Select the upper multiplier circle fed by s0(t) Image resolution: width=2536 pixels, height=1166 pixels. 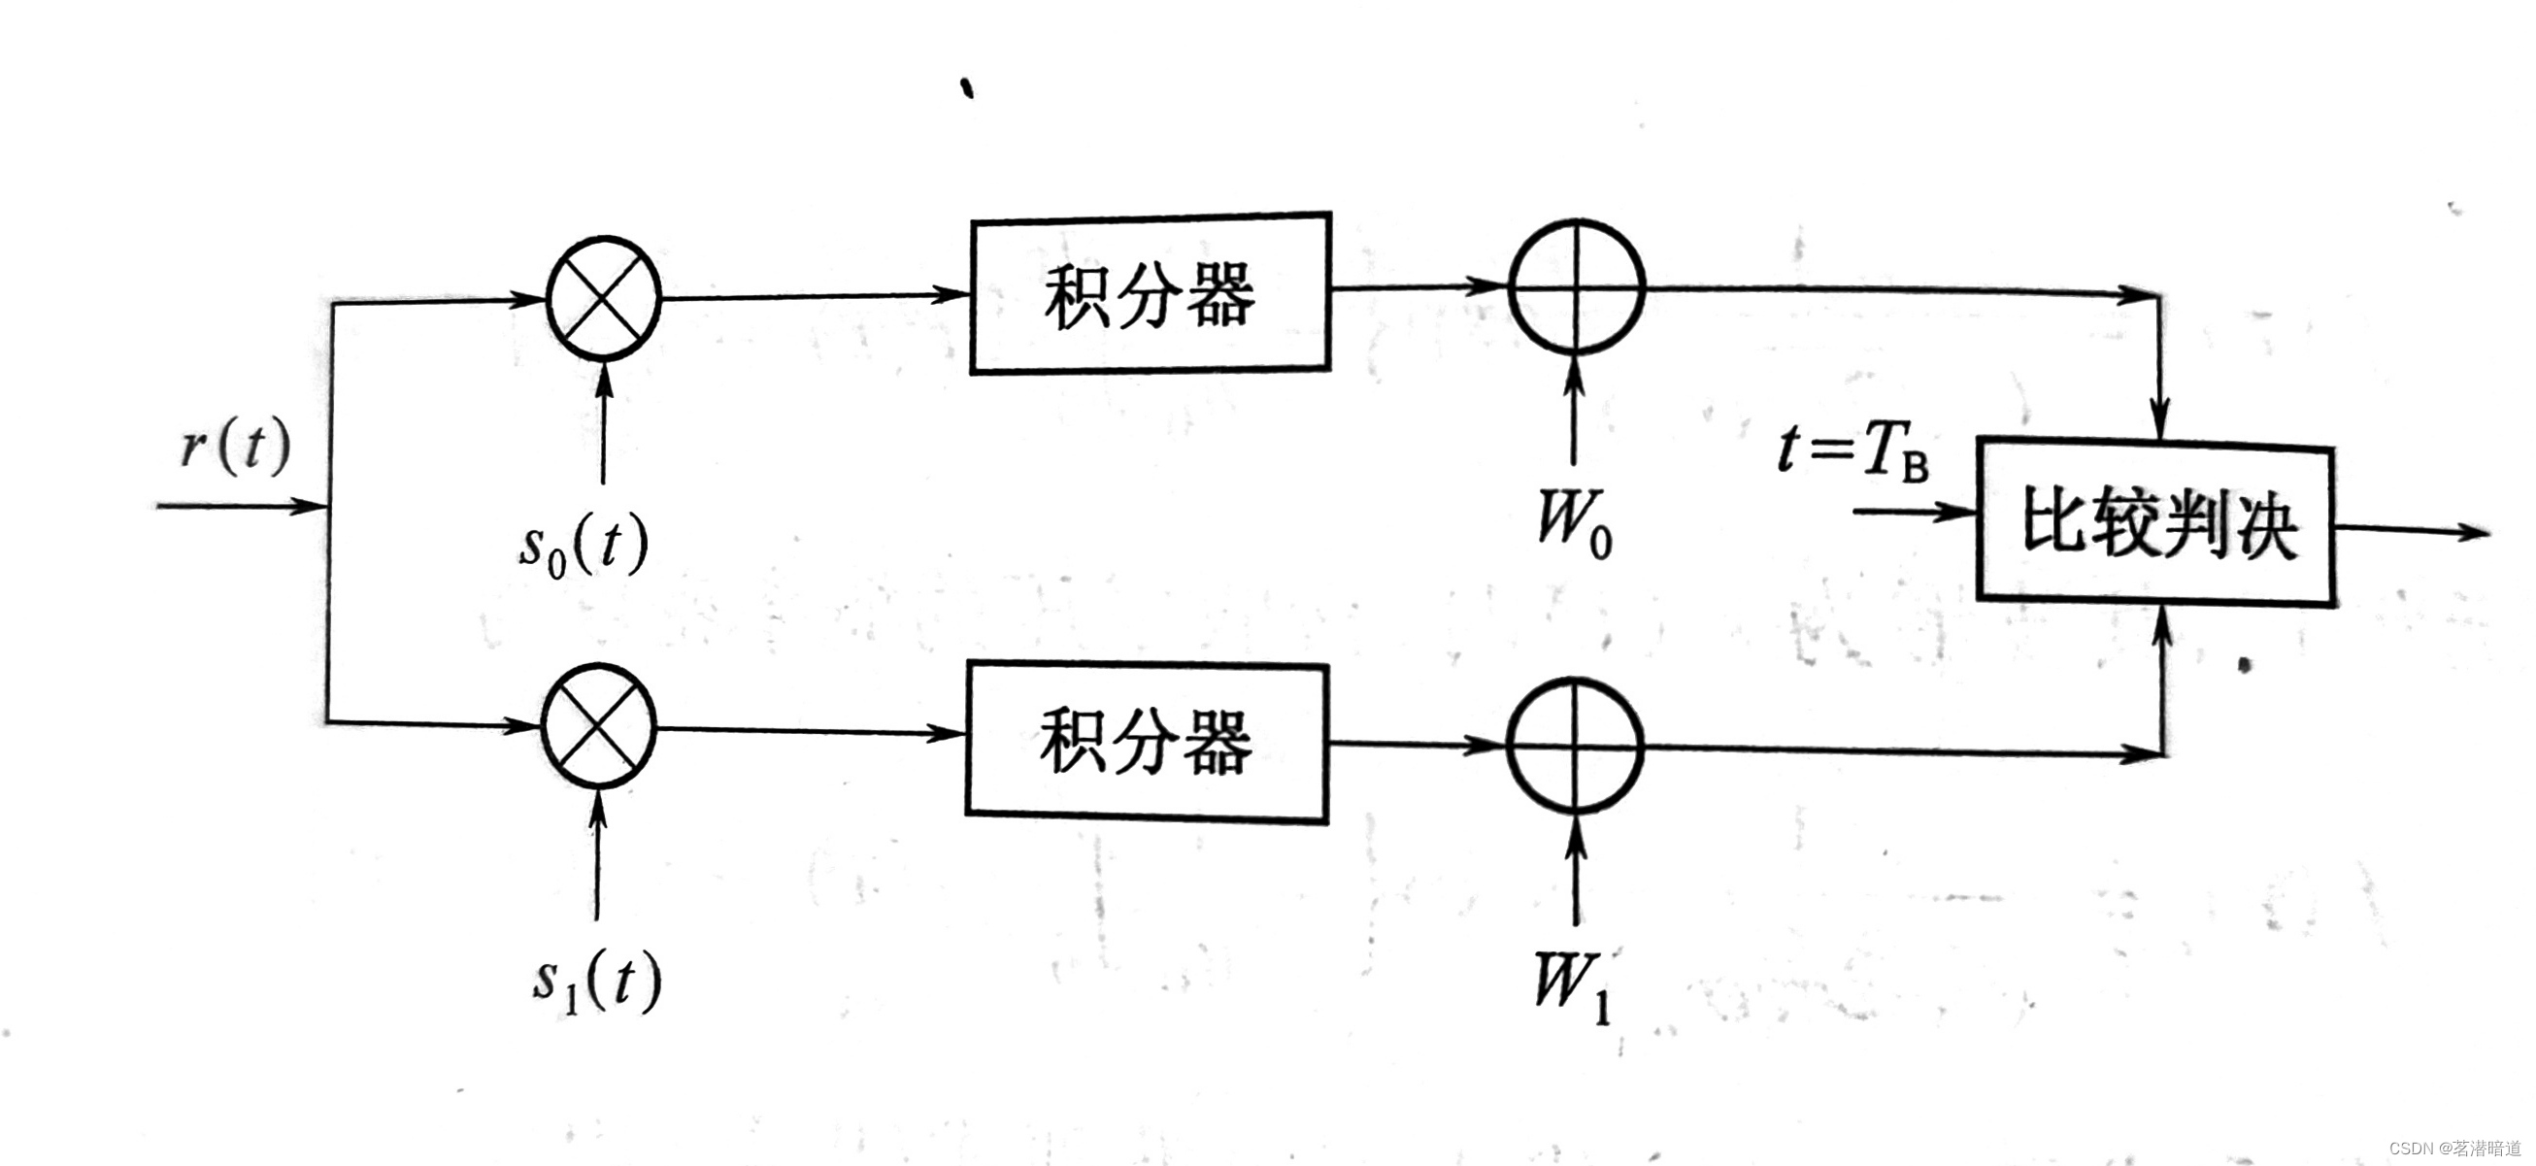(x=604, y=296)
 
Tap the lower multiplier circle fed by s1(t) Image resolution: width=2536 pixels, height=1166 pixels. (x=598, y=726)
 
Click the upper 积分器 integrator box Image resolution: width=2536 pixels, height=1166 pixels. (x=1150, y=293)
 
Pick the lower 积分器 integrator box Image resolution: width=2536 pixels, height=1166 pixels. (x=1146, y=742)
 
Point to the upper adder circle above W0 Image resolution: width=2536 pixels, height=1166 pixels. (x=1576, y=287)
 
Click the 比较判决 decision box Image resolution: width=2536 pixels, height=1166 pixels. (x=2156, y=521)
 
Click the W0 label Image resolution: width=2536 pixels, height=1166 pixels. (x=1574, y=522)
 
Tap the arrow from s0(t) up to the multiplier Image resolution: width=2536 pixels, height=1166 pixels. (x=605, y=423)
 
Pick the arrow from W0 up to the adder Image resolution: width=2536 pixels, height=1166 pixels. (x=1574, y=409)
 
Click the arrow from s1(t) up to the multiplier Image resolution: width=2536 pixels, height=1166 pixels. (x=597, y=856)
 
